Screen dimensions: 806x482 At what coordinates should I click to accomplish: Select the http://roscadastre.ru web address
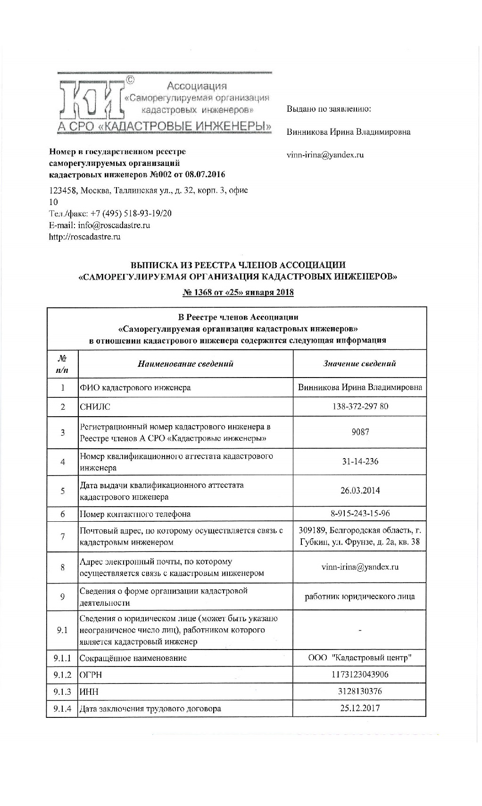tap(85, 237)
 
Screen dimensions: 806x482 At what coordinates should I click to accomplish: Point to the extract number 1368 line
tap(238, 292)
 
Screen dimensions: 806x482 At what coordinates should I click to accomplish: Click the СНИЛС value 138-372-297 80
tap(360, 406)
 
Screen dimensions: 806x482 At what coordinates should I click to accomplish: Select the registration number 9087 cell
tap(360, 432)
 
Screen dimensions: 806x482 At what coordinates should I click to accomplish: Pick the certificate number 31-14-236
tap(360, 461)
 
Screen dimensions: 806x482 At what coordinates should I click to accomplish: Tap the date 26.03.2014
tap(360, 491)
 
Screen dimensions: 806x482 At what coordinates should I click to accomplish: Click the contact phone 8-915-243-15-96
tap(360, 514)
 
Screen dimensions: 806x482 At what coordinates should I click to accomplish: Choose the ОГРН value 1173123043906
tap(360, 674)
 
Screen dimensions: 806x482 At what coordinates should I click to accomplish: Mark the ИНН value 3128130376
tap(360, 691)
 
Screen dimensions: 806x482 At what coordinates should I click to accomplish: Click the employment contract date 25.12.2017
tap(360, 708)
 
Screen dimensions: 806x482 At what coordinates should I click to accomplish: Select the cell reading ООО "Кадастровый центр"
tap(360, 658)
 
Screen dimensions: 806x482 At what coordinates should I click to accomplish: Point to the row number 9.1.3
tap(62, 691)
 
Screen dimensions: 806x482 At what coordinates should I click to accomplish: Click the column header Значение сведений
tap(360, 363)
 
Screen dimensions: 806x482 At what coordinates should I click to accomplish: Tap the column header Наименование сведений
tap(185, 363)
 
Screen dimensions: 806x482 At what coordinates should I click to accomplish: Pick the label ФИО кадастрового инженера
tap(135, 387)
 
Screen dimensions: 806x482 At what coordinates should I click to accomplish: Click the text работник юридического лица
tap(360, 597)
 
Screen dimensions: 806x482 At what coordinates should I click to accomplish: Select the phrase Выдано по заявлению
tap(329, 109)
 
